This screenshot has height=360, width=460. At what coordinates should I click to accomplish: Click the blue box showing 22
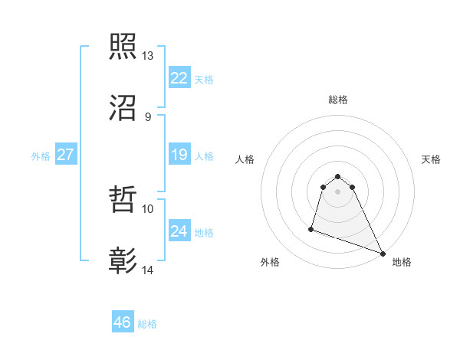[x=179, y=78]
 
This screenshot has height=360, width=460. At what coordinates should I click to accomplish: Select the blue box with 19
[x=179, y=155]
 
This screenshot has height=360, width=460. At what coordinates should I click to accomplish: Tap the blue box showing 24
[x=179, y=231]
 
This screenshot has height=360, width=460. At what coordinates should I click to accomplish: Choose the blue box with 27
[x=66, y=155]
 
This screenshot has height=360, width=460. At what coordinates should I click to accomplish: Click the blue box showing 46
[x=123, y=322]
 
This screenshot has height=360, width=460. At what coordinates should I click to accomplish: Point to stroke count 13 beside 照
[x=148, y=56]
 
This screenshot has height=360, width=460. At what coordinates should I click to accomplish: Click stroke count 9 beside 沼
[x=147, y=116]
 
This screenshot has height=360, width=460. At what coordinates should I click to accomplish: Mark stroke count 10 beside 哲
[x=148, y=208]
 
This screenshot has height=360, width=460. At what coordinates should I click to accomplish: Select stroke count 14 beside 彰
[x=148, y=270]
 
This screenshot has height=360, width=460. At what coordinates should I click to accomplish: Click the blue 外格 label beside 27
[x=41, y=155]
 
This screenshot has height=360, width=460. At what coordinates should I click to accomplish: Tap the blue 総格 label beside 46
[x=147, y=324]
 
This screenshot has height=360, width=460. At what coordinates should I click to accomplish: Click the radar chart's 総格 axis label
[x=338, y=100]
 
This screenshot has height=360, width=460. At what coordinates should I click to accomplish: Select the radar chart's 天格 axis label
[x=432, y=159]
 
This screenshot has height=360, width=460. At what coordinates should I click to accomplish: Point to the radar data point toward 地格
[x=383, y=254]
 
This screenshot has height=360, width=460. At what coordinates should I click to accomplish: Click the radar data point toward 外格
[x=311, y=228]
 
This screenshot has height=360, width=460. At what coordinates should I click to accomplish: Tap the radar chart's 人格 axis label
[x=245, y=159]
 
